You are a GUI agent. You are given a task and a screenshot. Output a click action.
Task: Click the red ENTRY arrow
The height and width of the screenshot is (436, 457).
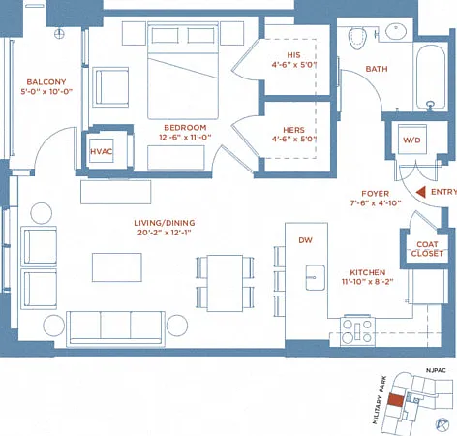(421, 192)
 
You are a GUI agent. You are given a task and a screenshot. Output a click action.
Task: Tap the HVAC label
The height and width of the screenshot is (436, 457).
(102, 151)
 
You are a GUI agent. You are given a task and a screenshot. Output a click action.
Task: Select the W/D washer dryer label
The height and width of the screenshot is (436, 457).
(411, 140)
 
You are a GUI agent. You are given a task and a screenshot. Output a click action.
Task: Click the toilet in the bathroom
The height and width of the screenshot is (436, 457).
(357, 38)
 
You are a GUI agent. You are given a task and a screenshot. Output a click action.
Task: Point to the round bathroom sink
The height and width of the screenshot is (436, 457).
(396, 32)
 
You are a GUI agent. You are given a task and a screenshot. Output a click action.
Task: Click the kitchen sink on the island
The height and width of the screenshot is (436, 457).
(316, 277)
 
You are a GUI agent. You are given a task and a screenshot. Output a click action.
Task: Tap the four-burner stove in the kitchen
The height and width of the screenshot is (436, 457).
(357, 330)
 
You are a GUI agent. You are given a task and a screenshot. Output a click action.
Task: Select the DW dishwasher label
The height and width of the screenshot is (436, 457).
(305, 240)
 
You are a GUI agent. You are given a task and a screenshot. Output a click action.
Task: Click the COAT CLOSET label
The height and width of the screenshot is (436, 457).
(427, 249)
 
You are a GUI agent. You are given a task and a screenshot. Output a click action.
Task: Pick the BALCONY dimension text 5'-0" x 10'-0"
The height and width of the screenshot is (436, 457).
(46, 92)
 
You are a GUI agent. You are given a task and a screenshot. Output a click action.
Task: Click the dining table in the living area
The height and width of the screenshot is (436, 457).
(225, 283)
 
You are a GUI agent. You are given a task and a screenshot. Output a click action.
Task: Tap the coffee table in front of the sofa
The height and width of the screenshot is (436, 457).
(117, 267)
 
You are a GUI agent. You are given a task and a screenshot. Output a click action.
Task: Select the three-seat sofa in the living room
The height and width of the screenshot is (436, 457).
(115, 328)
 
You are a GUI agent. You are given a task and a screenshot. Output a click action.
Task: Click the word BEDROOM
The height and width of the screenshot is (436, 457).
(185, 128)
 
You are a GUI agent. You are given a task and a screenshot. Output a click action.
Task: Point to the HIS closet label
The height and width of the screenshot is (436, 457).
(293, 55)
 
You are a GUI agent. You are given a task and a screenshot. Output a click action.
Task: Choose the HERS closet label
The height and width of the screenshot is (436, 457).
(293, 130)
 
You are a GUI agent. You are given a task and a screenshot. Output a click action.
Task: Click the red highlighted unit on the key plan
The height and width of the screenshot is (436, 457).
(396, 400)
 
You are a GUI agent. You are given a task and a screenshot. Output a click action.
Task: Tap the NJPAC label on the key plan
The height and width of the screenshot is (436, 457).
(436, 370)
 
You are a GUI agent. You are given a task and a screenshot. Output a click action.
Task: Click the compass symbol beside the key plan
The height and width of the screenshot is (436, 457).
(442, 424)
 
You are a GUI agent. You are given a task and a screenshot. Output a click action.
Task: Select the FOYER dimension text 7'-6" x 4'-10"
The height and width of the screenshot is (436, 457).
(376, 203)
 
